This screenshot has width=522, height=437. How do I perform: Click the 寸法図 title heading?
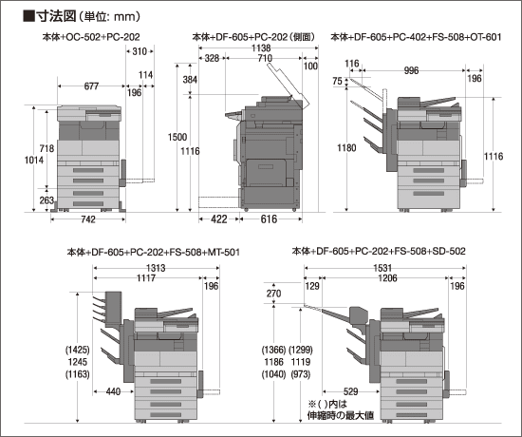click(56, 15)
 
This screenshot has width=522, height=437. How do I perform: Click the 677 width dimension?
click(91, 86)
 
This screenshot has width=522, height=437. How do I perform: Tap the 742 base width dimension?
click(88, 219)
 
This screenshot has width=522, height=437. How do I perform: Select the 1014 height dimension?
click(34, 160)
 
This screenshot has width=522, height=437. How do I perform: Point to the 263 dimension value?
click(47, 200)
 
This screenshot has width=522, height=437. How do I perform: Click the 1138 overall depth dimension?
click(261, 48)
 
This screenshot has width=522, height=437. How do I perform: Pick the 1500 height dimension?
click(177, 137)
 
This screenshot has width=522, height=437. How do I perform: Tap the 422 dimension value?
click(218, 219)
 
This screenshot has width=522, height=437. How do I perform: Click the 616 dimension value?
click(269, 219)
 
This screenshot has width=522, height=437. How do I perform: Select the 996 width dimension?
click(411, 70)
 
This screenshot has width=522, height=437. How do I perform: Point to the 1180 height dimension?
click(346, 147)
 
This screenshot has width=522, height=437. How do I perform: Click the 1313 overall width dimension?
click(156, 268)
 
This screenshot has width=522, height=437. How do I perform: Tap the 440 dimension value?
click(113, 391)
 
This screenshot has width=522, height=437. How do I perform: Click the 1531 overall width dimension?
click(382, 268)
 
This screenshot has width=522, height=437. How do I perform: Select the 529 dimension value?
click(350, 391)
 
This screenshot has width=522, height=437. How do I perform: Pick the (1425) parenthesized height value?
click(78, 350)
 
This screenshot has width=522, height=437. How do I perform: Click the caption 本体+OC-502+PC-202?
click(91, 37)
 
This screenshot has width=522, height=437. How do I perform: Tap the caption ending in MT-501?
click(153, 252)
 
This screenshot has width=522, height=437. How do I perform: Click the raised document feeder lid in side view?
click(289, 86)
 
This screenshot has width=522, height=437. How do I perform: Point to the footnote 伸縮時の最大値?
click(340, 415)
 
